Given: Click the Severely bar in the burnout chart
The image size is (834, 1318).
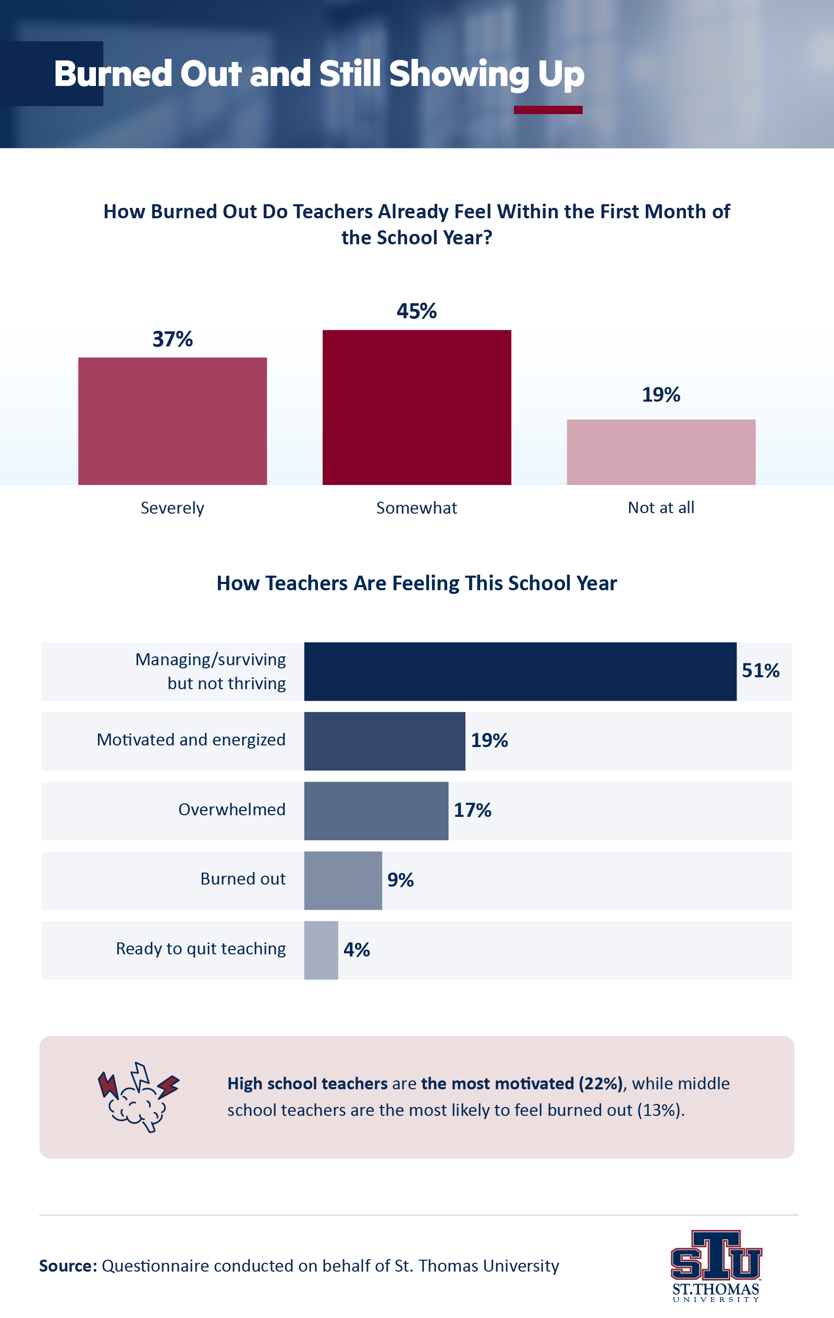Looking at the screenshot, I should coord(173,421).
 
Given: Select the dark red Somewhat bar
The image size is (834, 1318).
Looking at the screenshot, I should coord(416,407).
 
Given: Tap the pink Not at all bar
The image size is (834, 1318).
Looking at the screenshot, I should coord(661,452).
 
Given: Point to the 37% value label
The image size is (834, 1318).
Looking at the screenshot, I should coord(173,339).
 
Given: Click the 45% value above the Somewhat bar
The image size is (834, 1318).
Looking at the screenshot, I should coord(416,312).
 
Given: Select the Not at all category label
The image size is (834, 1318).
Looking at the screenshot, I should coord(661,507).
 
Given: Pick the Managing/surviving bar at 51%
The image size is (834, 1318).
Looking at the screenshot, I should coord(520,671).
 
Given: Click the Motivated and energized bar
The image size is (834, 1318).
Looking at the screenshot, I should coord(384,741).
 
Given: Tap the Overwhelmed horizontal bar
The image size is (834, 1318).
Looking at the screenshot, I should coord(376,811).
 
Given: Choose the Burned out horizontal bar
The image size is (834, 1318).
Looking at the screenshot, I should coord(343,880).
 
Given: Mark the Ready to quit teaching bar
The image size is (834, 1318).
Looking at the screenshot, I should coord(321,950).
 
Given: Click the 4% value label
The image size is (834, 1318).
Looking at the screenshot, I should coord(357,950).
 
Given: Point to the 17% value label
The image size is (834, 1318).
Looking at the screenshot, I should coord(472,810).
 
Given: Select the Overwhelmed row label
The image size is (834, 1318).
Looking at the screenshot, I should coord(231,810).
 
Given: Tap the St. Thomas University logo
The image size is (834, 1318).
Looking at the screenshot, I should coord(716,1266).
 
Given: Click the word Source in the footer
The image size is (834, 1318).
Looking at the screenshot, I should coord(68,1266).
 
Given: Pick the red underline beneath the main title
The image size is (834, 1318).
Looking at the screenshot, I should coord(548,110).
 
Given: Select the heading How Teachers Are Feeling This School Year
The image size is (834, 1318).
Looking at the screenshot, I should coord(416,583).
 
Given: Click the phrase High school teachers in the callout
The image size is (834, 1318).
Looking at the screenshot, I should coord(307,1083).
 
